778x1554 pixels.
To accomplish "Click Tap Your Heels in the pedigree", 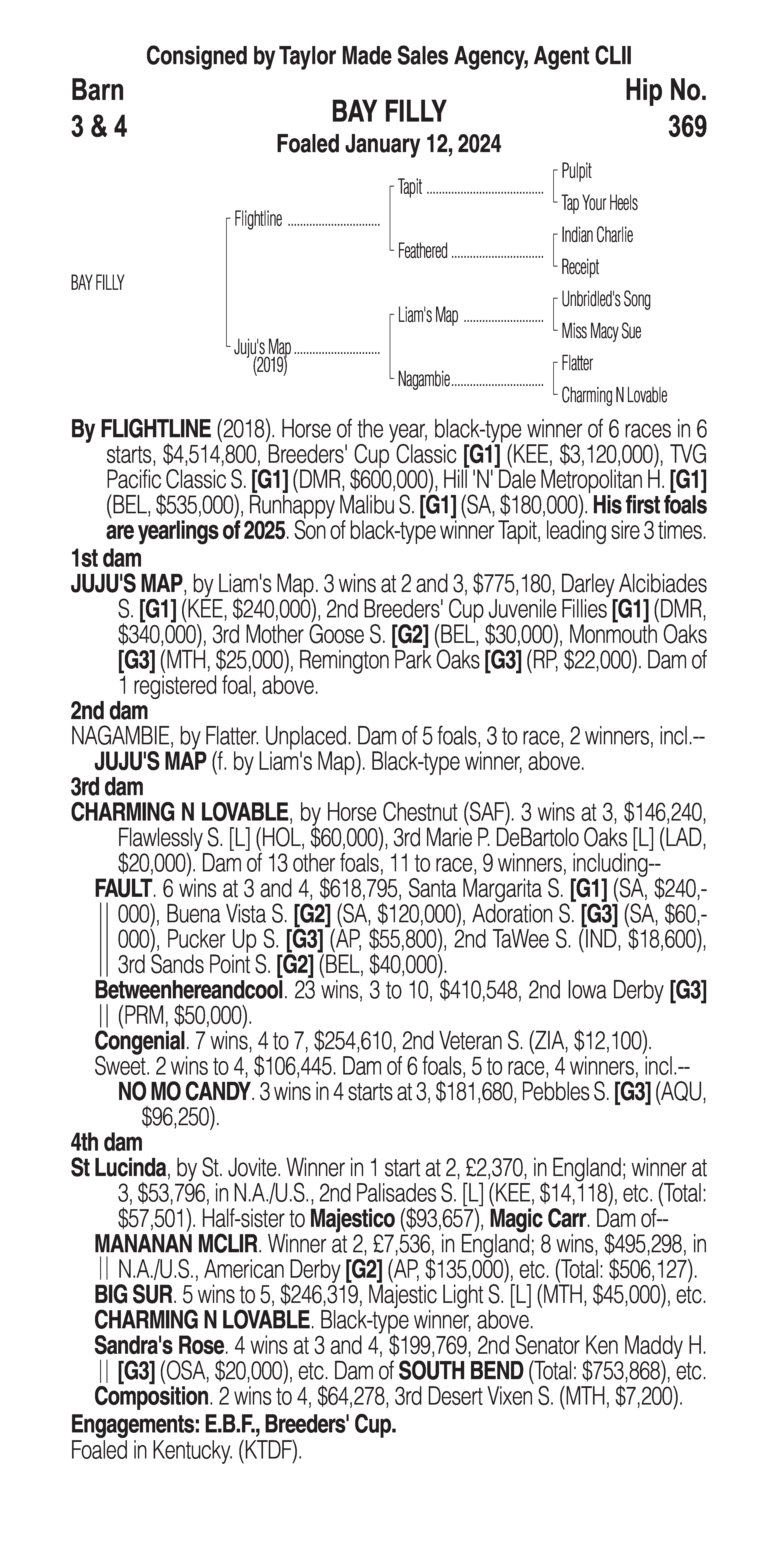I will [x=599, y=203].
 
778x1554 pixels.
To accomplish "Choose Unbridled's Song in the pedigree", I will [x=606, y=299].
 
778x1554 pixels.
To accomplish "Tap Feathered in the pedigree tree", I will [x=422, y=251].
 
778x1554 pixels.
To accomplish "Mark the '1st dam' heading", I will [x=106, y=559].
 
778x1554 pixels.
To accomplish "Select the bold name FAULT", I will [x=122, y=889].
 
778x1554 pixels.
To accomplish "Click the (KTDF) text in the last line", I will [x=270, y=1451].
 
